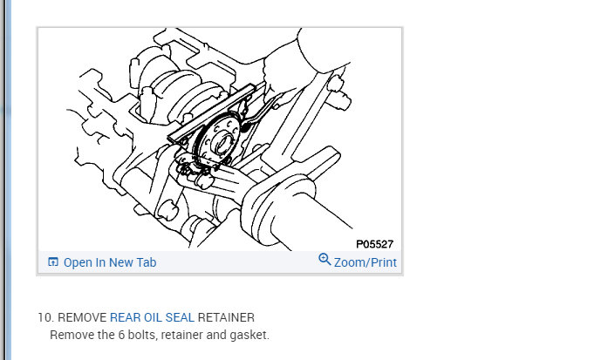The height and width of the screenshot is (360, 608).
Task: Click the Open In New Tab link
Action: (110, 262)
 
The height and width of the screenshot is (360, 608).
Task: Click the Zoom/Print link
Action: (365, 262)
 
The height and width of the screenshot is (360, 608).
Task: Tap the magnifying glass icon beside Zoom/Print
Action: (324, 259)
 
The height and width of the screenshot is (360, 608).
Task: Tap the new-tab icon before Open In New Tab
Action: (53, 262)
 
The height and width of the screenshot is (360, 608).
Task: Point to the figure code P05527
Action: (374, 244)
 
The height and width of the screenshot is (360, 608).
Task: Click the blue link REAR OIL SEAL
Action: (152, 317)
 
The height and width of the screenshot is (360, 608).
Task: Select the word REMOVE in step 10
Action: (82, 317)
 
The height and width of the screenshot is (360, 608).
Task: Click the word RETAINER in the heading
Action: (226, 317)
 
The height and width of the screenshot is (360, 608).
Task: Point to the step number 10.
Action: (45, 317)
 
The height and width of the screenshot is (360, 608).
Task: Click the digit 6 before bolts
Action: (121, 335)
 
